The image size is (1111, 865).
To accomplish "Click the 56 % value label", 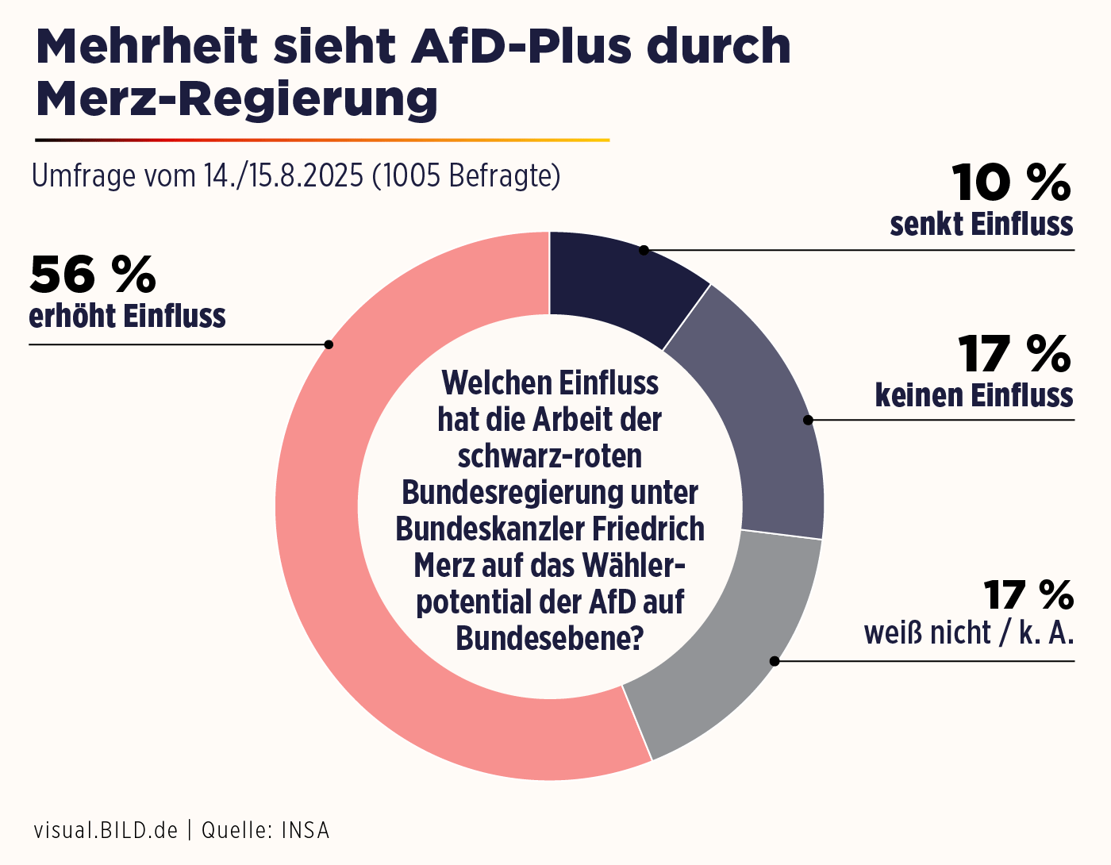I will pos(93,275).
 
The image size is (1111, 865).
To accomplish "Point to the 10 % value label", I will pos(1011,183).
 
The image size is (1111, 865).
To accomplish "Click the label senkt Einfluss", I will pos(981,225).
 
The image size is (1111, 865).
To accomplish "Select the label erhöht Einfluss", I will pos(127,316).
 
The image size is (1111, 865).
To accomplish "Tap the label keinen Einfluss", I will pos(974,395).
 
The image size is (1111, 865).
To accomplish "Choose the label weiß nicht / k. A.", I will pos(968,633).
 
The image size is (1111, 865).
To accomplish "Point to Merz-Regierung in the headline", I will pos(236,99).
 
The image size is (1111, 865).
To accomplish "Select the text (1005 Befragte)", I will pos(467,175).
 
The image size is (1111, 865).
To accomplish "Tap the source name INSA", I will pos(306,830).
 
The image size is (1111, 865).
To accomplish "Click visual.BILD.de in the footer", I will pos(106,830).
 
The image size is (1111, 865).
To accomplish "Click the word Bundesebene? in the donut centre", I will pos(549,638).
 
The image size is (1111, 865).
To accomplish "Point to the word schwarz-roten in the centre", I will pos(549,456).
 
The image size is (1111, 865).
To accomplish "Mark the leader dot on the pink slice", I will pos(329,344).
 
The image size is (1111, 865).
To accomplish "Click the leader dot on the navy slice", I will pos(644,250).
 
